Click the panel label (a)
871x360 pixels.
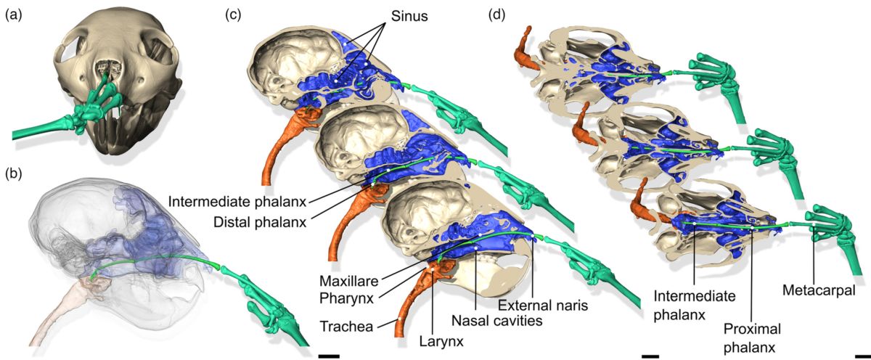(x=14, y=13)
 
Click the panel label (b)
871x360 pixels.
(x=14, y=173)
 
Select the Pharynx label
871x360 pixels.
(x=345, y=296)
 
